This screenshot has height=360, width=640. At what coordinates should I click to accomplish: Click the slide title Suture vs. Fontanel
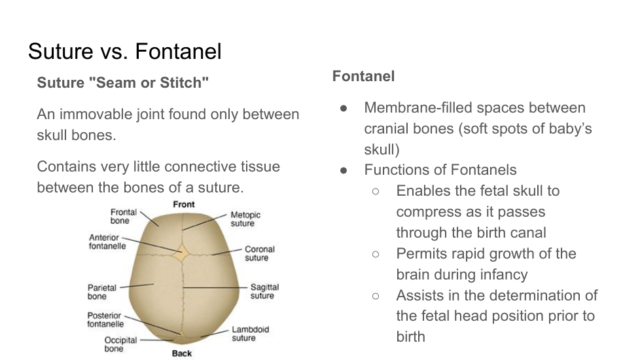click(x=125, y=52)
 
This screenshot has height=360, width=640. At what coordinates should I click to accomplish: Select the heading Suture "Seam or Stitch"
click(x=122, y=82)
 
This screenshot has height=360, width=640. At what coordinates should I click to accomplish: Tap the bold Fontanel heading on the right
click(x=363, y=77)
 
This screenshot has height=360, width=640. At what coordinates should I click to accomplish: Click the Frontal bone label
click(x=123, y=216)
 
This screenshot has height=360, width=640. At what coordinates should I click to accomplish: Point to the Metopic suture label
click(x=245, y=219)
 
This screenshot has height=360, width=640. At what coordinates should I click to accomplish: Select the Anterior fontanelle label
click(x=107, y=242)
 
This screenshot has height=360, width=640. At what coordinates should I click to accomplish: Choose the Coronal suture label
click(x=260, y=253)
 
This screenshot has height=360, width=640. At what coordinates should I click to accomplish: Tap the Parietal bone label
click(x=101, y=292)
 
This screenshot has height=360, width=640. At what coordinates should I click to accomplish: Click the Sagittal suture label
click(x=264, y=291)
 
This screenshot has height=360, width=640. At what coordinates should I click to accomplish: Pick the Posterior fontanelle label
click(x=105, y=319)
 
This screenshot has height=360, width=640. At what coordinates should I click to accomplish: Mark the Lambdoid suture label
click(x=250, y=333)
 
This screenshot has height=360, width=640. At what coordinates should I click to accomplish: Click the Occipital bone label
click(x=120, y=344)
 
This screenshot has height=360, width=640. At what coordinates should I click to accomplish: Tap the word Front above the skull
click(x=184, y=204)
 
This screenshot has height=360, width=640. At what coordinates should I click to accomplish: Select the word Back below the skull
click(x=182, y=353)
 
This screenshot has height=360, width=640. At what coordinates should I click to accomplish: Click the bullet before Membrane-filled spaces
click(x=344, y=108)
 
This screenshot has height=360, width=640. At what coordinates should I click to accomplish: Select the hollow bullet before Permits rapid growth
click(x=376, y=254)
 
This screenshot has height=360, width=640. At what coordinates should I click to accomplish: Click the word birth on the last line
click(x=410, y=336)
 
